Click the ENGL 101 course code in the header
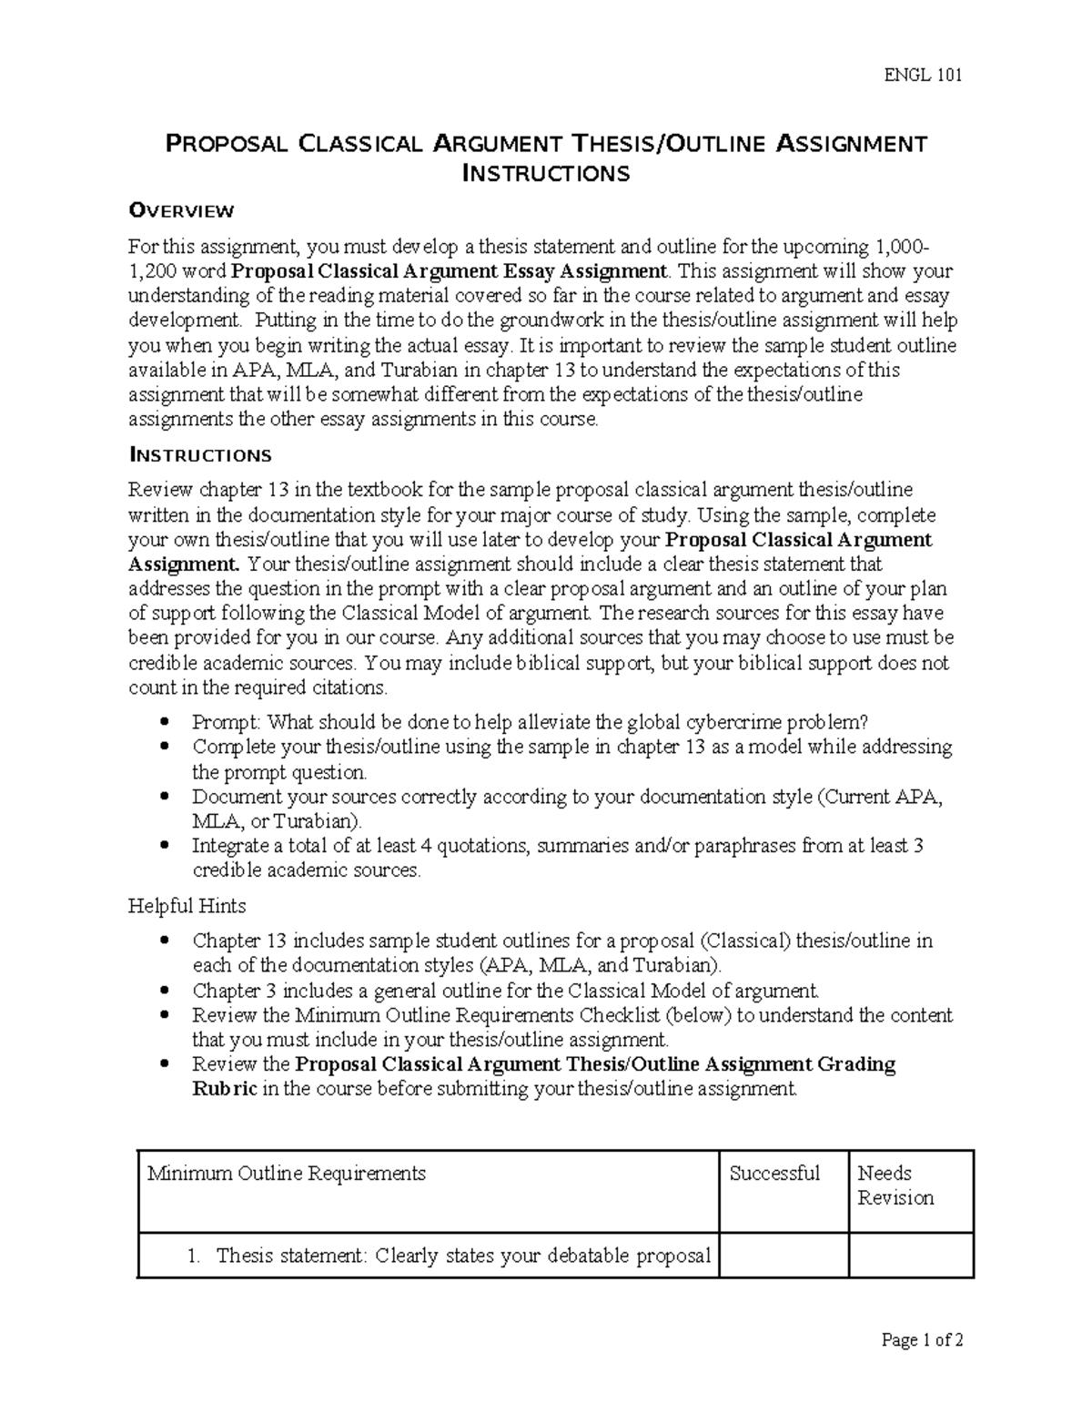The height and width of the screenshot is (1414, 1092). (x=923, y=75)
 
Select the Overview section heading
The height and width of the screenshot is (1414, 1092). (x=181, y=210)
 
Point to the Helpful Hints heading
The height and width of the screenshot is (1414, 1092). (x=187, y=906)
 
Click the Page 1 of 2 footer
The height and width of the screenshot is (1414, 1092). (x=922, y=1339)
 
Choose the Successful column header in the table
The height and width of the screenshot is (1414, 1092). (x=774, y=1173)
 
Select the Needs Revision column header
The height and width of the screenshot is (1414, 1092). (x=895, y=1185)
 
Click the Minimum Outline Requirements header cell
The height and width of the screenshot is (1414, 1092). (x=287, y=1173)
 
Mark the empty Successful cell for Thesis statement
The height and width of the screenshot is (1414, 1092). (x=784, y=1256)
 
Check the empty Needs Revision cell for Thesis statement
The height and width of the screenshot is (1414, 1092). (x=911, y=1256)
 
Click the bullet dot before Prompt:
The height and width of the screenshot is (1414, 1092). (x=165, y=722)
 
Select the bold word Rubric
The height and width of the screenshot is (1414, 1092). (x=224, y=1089)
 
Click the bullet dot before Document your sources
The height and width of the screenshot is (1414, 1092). (x=165, y=797)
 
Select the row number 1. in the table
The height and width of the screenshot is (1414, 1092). (x=193, y=1256)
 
